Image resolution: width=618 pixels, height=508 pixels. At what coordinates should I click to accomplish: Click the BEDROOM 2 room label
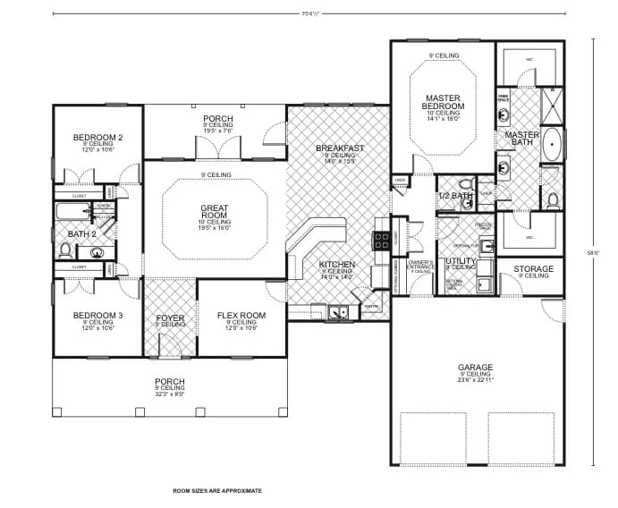[97, 137]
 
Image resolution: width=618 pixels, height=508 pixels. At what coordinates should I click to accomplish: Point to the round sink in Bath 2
[97, 252]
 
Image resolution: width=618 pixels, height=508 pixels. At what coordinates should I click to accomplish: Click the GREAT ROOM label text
[214, 212]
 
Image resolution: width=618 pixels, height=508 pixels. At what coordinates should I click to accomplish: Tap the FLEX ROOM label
[241, 316]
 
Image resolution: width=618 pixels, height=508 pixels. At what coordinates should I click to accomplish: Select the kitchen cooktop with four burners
[380, 240]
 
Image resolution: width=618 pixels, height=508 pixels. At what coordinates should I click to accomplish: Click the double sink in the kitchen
[338, 311]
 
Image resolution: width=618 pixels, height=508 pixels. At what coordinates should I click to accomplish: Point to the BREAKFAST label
[340, 148]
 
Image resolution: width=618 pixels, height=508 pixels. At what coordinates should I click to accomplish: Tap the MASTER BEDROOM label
[443, 102]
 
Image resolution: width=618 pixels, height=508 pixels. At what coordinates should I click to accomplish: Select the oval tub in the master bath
[554, 144]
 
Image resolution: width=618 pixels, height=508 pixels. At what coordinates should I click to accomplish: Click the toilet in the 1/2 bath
[464, 203]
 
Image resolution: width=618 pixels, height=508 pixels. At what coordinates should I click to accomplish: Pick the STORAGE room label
[533, 268]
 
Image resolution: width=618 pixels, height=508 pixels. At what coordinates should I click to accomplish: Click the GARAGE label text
[475, 367]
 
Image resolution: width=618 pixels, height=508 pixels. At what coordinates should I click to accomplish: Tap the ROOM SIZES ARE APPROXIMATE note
[217, 491]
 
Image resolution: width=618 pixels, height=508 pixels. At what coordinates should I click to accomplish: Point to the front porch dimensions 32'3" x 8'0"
[169, 393]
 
